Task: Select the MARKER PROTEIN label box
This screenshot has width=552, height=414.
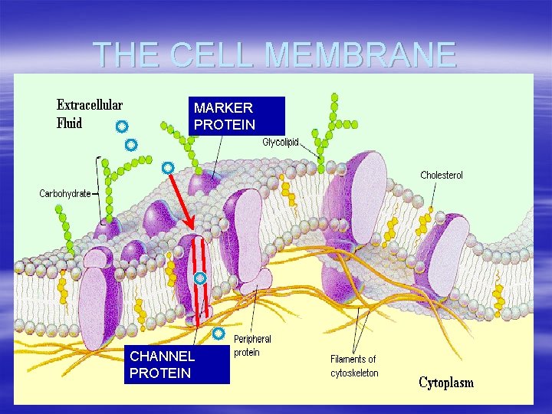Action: [238, 116]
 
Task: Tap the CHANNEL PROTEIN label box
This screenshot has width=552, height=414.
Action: [177, 365]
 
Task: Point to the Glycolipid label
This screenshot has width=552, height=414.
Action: [281, 142]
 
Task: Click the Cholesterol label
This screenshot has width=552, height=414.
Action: [441, 176]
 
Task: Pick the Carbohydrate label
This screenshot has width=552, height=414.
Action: [65, 193]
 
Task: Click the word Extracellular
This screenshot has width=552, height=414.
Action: [90, 105]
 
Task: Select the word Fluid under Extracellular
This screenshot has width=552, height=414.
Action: [70, 123]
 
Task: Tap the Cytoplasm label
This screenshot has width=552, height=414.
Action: [446, 383]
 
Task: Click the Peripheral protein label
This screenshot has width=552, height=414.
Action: [252, 346]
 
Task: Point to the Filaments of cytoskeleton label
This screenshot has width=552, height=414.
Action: [353, 366]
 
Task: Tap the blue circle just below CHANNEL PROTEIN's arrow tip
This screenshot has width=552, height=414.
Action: [219, 333]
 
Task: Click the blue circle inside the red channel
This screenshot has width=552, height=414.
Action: [199, 278]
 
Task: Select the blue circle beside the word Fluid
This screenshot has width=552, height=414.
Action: [121, 125]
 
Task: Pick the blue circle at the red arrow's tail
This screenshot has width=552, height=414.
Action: [167, 167]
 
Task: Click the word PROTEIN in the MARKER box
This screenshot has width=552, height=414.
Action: [224, 123]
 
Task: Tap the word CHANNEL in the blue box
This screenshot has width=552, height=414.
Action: [163, 356]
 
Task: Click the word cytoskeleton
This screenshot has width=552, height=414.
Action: [354, 373]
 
